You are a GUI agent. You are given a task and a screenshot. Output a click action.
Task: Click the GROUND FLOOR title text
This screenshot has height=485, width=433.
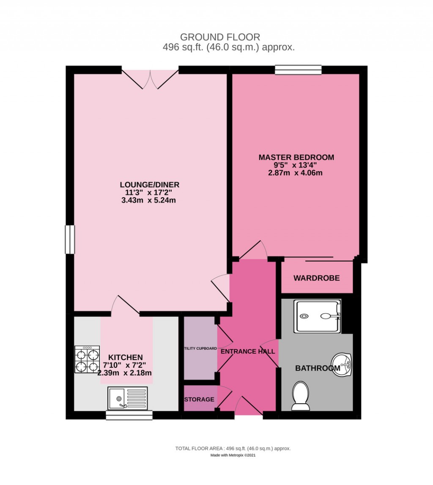point(220,37)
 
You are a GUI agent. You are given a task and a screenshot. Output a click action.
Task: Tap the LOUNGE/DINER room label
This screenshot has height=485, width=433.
point(150,185)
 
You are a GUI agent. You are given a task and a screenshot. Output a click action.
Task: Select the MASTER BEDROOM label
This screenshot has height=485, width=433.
point(296,157)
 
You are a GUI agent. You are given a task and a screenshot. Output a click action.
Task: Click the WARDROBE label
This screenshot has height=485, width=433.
point(316,278)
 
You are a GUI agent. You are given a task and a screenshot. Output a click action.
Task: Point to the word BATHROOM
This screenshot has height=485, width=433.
point(318,368)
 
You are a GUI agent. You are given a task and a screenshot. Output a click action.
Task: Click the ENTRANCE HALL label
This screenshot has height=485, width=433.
point(248,351)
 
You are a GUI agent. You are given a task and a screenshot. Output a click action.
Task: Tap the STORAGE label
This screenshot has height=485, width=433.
point(199,400)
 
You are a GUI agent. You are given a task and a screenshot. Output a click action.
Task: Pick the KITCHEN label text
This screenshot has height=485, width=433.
point(126,357)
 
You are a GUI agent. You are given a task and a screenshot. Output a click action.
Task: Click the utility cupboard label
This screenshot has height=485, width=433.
point(200,349)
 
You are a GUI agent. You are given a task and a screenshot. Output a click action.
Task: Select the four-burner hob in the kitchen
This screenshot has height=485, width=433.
point(87,359)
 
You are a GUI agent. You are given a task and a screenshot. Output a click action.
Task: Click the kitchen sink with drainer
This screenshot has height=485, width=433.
point(127,398)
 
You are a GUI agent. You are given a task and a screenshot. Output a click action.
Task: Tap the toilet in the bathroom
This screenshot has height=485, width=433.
point(301,396)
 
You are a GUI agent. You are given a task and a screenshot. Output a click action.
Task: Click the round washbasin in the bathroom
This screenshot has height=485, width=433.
point(342,365)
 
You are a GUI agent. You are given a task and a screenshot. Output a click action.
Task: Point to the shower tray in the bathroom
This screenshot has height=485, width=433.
point(317,316)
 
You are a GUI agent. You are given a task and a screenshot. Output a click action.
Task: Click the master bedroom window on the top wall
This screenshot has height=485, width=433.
point(298,70)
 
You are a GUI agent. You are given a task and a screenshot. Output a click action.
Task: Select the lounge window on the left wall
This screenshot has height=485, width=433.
point(70,240)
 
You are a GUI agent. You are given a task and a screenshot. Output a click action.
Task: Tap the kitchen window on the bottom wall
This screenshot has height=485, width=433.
point(129,415)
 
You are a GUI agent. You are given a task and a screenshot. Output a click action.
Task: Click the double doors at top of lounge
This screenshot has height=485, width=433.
point(150,79)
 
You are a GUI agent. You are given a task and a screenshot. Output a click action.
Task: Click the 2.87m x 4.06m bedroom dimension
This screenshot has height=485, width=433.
point(295,173)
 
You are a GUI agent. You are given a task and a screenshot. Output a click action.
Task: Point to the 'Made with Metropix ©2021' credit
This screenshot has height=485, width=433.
point(233,455)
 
